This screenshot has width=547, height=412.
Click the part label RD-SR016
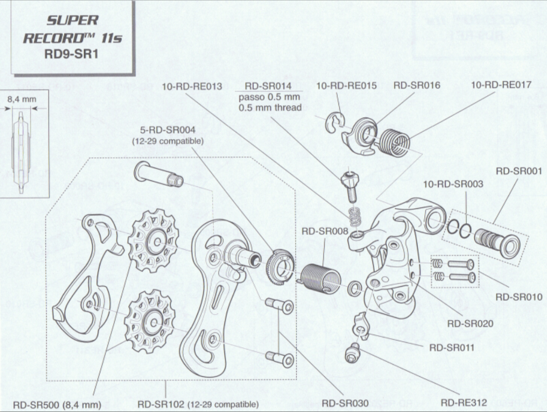click(416, 86)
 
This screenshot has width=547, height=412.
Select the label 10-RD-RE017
click(501, 85)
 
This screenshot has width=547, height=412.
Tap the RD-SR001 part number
click(518, 171)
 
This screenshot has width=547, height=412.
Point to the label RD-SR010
click(518, 297)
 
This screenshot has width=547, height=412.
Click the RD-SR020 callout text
click(470, 324)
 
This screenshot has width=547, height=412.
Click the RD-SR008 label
click(325, 231)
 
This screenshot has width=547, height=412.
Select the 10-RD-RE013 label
click(192, 86)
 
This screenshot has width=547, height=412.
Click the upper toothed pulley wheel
click(152, 241)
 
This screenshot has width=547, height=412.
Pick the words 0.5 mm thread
click(270, 108)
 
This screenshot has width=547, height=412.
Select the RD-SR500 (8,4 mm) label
click(56, 404)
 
